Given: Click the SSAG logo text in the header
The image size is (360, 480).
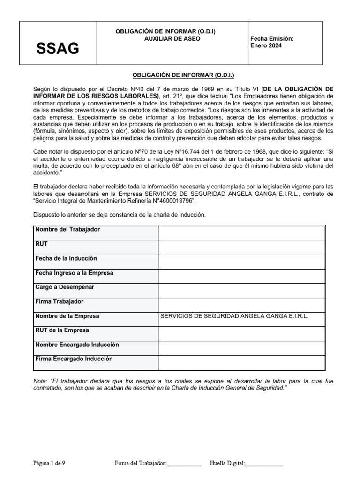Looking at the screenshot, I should pos(58,48).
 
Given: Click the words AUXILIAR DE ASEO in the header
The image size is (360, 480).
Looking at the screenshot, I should pos(172,39).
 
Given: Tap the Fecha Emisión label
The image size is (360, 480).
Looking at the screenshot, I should pos(272,39).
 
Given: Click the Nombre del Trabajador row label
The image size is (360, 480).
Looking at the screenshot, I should pos(67,230).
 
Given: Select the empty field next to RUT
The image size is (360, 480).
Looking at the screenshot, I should pos(241,247).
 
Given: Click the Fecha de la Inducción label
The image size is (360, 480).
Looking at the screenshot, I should pos(66,259).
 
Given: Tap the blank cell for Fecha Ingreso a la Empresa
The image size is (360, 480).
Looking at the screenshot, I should pos(241,276).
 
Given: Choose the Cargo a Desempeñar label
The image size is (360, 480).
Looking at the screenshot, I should pos(65,287).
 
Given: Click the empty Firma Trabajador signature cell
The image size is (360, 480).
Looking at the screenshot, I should pos(241,305).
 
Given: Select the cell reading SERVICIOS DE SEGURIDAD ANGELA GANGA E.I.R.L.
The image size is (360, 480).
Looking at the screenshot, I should pos(234,316).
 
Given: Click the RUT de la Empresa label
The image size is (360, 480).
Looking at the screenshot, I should pos(62,330).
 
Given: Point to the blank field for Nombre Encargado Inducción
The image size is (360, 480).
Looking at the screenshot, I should pos(241,348).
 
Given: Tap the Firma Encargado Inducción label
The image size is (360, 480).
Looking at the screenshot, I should pos(74,359).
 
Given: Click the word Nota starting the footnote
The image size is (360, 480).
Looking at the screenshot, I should pos(41,382).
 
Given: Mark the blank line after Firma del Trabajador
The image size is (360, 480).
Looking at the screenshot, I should pos(184,464).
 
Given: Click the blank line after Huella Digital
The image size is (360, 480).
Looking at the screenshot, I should pos(264,464).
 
